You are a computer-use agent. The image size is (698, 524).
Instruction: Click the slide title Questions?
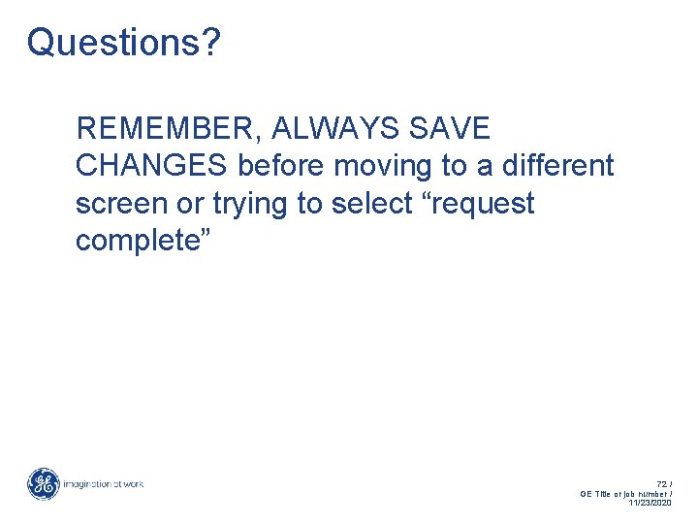coord(123,43)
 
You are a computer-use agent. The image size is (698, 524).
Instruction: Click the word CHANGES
coord(152,166)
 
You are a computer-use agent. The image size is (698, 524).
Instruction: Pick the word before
coord(281,166)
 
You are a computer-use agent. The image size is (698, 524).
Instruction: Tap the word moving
coord(384,166)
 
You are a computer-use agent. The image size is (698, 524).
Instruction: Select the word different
coord(557,166)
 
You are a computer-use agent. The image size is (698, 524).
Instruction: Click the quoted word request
coord(482,204)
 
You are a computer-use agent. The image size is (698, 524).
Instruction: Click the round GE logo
coord(44,483)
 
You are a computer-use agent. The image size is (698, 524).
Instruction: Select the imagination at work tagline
coord(104,483)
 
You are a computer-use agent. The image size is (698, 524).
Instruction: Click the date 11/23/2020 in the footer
coord(650,503)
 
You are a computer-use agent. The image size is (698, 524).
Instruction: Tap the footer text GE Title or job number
coord(624,493)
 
